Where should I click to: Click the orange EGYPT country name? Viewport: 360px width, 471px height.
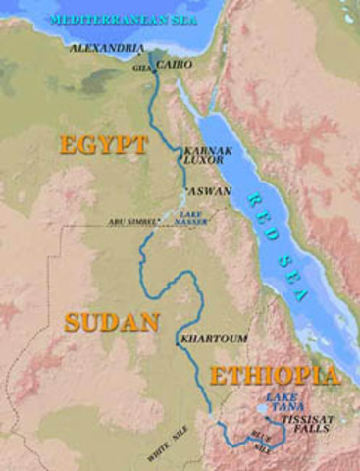[x=103, y=145]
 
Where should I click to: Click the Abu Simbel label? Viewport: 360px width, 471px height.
[x=131, y=222]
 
